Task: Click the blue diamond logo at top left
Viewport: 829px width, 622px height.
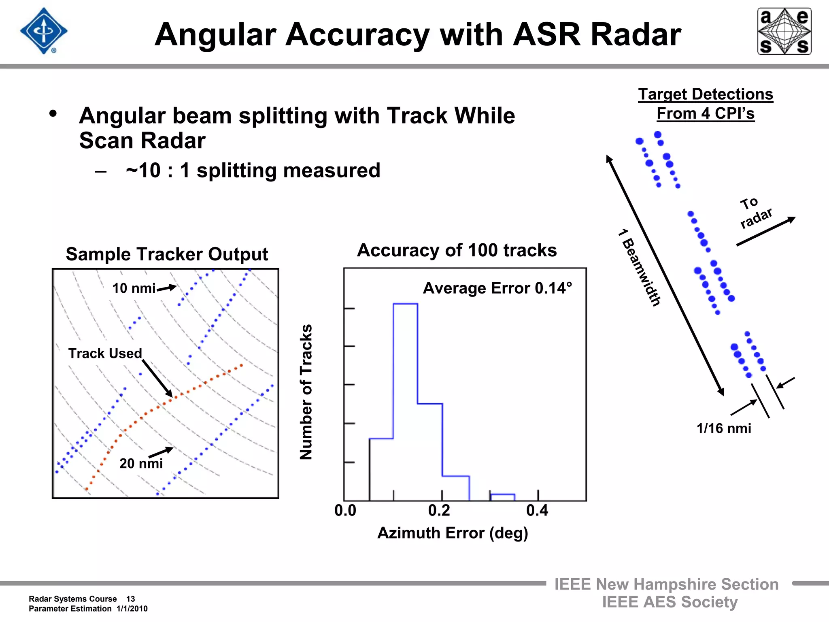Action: coord(44,31)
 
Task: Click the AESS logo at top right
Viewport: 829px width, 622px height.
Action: coord(784,31)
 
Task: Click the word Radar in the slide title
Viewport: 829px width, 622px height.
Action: coord(636,35)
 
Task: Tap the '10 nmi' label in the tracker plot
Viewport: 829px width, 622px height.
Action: coord(134,288)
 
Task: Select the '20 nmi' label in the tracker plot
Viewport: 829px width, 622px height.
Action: coord(141,463)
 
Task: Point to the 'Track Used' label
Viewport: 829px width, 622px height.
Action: coord(105,353)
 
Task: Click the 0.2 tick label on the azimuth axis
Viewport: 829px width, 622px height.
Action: coord(439,511)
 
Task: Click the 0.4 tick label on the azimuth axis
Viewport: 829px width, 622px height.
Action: coord(537,511)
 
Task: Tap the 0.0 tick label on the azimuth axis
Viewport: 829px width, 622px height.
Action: coord(345,511)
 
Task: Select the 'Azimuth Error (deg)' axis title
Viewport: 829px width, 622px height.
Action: coord(453,533)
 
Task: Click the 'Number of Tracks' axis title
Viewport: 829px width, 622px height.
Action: coord(306,392)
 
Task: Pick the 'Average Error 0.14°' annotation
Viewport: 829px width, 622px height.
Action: coord(497,288)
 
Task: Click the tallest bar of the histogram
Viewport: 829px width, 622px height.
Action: coord(405,401)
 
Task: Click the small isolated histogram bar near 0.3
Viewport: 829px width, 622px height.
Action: coord(502,497)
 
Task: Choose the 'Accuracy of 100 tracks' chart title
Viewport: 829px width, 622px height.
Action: coord(457,250)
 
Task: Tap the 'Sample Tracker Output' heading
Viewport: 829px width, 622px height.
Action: coord(167,254)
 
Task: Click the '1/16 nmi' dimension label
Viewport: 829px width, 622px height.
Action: coord(724,428)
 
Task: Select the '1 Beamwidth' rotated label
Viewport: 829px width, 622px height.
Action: coord(640,268)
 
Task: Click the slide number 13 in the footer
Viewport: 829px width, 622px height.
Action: coord(130,599)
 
